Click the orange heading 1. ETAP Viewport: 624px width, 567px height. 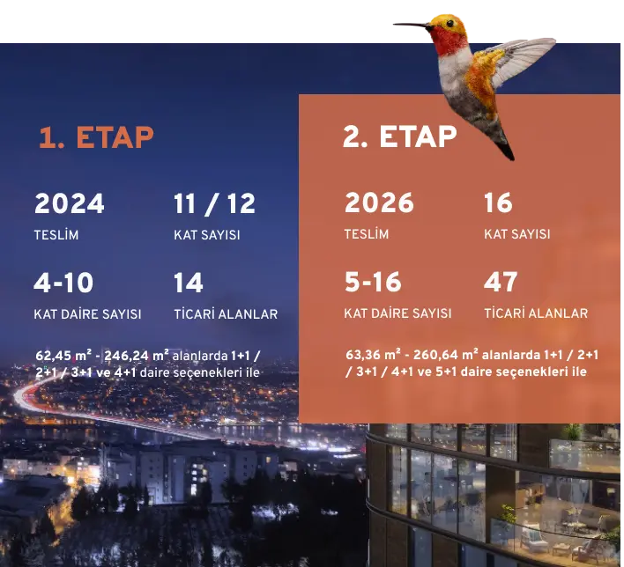96,137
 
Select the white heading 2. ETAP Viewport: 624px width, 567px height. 399,136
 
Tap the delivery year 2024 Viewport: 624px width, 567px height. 70,203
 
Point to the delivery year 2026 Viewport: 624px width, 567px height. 379,202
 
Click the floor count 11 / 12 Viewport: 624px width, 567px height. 214,204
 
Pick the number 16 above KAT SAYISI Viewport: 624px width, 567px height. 498,202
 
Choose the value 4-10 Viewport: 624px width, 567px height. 63,283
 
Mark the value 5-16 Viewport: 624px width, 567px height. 373,282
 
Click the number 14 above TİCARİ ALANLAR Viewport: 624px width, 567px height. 189,283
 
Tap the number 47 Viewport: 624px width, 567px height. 501,282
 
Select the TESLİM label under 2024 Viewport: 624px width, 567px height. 56,234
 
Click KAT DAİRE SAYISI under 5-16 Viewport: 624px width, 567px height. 398,313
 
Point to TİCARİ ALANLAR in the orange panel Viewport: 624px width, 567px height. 536,313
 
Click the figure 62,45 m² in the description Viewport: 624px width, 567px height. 63,355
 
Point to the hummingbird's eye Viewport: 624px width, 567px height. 449,23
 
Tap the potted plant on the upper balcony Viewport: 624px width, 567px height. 573,432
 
